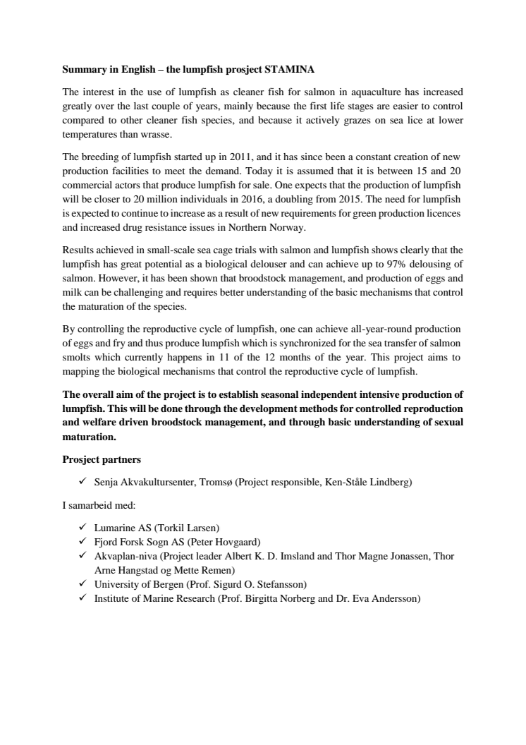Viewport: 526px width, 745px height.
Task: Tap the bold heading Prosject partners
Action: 102,459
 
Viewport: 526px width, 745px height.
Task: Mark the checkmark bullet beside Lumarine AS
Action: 82,528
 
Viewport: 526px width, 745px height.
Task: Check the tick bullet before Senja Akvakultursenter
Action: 82,482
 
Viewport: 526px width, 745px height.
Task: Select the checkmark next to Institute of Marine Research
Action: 82,598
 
